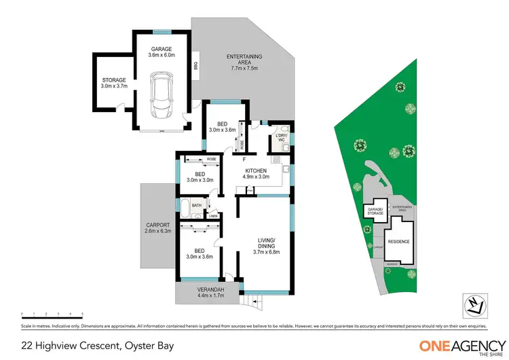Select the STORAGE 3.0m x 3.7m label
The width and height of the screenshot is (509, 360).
point(114,84)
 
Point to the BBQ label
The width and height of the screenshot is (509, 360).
point(195,66)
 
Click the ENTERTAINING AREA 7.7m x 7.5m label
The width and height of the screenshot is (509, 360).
point(244,62)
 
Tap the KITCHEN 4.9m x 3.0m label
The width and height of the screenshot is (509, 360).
point(256,173)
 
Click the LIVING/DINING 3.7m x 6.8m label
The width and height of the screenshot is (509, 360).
point(265,245)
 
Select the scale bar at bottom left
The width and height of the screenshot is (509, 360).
point(52,314)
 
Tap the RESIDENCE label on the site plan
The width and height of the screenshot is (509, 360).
point(398,241)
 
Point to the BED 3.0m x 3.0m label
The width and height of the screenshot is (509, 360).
point(200,177)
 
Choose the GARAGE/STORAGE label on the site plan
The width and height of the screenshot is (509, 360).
point(375,212)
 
